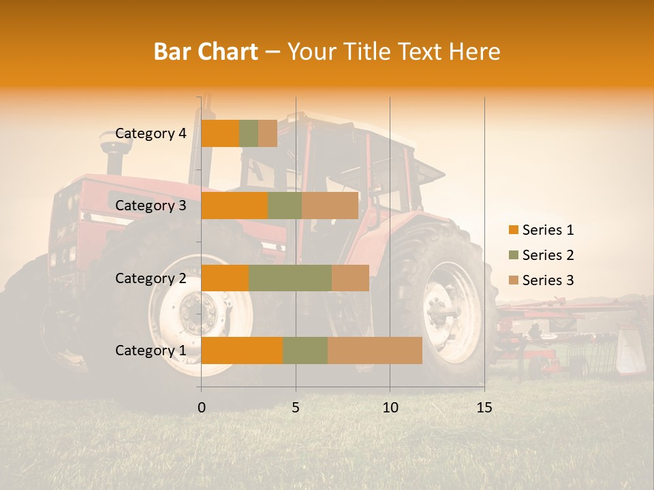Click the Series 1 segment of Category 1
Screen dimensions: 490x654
tap(242, 350)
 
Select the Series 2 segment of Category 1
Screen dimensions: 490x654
tap(305, 350)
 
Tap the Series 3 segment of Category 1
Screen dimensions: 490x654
tap(375, 350)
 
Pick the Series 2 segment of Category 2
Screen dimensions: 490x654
tap(290, 278)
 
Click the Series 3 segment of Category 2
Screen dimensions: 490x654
tap(350, 278)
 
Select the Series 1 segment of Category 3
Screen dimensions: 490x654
tap(234, 206)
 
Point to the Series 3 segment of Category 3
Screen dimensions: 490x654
tap(330, 206)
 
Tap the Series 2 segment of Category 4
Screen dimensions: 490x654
tap(249, 133)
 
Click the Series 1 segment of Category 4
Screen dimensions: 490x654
tap(220, 133)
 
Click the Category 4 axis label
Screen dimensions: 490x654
tap(151, 133)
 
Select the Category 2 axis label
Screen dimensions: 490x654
tap(151, 278)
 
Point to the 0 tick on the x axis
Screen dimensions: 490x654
tap(202, 408)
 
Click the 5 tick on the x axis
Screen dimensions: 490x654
tap(296, 408)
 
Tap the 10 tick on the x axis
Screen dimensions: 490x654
tap(390, 408)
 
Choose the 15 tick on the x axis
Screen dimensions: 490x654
tap(484, 408)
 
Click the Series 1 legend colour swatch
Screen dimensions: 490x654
tap(513, 230)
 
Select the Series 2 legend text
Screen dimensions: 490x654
tap(548, 255)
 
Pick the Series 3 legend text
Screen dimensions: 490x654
tap(548, 280)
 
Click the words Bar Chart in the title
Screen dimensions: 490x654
tap(206, 52)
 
